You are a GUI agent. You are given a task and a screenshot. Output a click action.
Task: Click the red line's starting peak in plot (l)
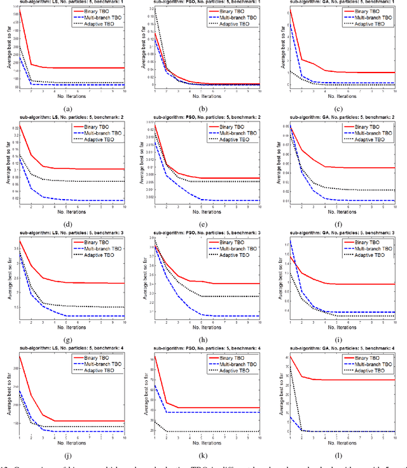coord(290,356)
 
